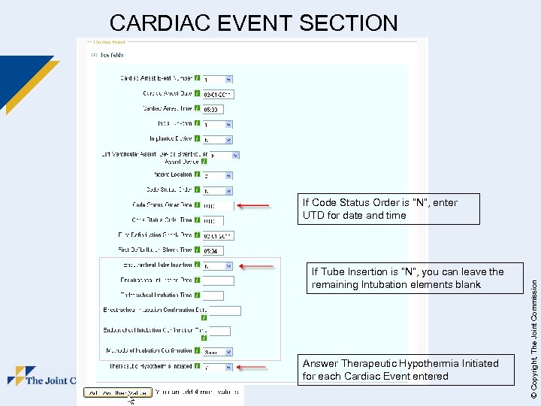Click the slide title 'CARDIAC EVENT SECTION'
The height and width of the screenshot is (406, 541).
253,23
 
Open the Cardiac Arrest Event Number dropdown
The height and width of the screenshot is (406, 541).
218,79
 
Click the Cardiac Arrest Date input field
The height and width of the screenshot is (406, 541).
218,94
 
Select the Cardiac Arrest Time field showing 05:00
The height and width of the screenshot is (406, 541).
213,109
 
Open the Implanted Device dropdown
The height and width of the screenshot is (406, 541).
218,139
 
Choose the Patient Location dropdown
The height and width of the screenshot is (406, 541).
218,174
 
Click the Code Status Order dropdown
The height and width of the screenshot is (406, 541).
218,190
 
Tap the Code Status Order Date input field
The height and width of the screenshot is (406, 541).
213,205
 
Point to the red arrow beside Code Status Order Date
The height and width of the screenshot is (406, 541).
252,205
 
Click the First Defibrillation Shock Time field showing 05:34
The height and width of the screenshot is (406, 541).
213,250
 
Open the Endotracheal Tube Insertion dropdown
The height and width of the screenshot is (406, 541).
218,265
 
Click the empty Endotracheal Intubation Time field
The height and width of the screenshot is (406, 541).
213,295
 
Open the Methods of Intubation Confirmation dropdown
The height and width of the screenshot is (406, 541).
218,352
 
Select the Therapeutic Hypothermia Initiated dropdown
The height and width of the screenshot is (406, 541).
218,368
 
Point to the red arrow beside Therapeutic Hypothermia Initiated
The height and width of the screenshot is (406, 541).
252,368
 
